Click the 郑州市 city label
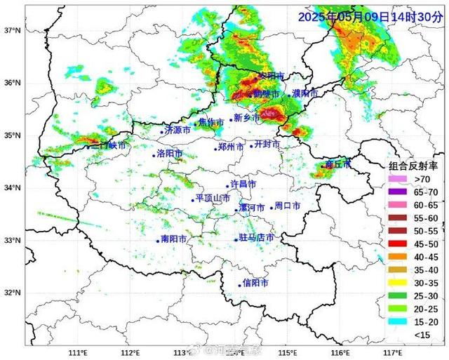[231, 147]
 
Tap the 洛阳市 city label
[169, 154]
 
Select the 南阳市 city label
[173, 239]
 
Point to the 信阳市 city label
[255, 283]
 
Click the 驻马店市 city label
[256, 239]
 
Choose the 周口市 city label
[287, 206]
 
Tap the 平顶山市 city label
[213, 199]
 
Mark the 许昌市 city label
[243, 184]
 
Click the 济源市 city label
[177, 131]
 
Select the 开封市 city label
[267, 144]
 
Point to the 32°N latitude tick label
[11, 293]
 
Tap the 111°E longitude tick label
[78, 352]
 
